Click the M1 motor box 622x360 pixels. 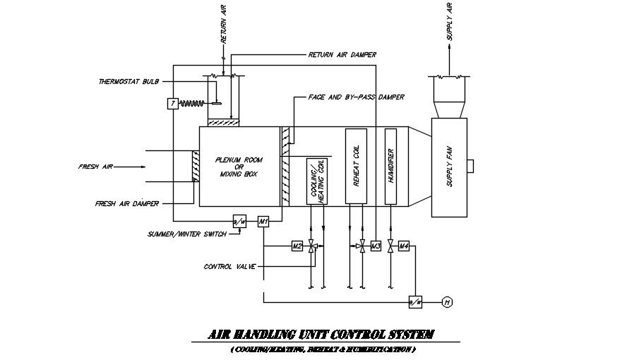[x=263, y=221]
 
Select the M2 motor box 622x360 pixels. [x=297, y=246]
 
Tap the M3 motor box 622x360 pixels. [x=376, y=246]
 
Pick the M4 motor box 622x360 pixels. [x=404, y=246]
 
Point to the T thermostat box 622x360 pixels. [x=172, y=104]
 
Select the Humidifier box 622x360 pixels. [x=390, y=167]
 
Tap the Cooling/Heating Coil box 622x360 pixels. [x=317, y=181]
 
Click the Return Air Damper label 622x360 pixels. [x=342, y=54]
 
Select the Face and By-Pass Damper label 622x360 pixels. [x=356, y=97]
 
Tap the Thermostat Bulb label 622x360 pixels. [x=128, y=82]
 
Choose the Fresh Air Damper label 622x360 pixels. [x=126, y=203]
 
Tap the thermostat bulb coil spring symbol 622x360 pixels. [x=192, y=104]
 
